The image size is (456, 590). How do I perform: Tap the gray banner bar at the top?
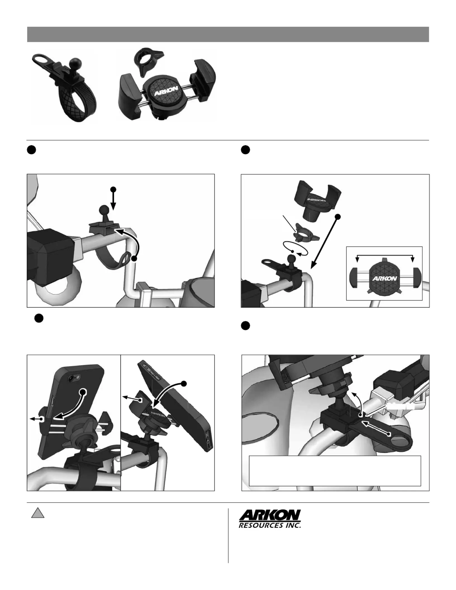228,34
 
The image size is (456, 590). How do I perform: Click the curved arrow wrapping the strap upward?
130,240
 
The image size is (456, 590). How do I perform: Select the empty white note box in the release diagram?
335,471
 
